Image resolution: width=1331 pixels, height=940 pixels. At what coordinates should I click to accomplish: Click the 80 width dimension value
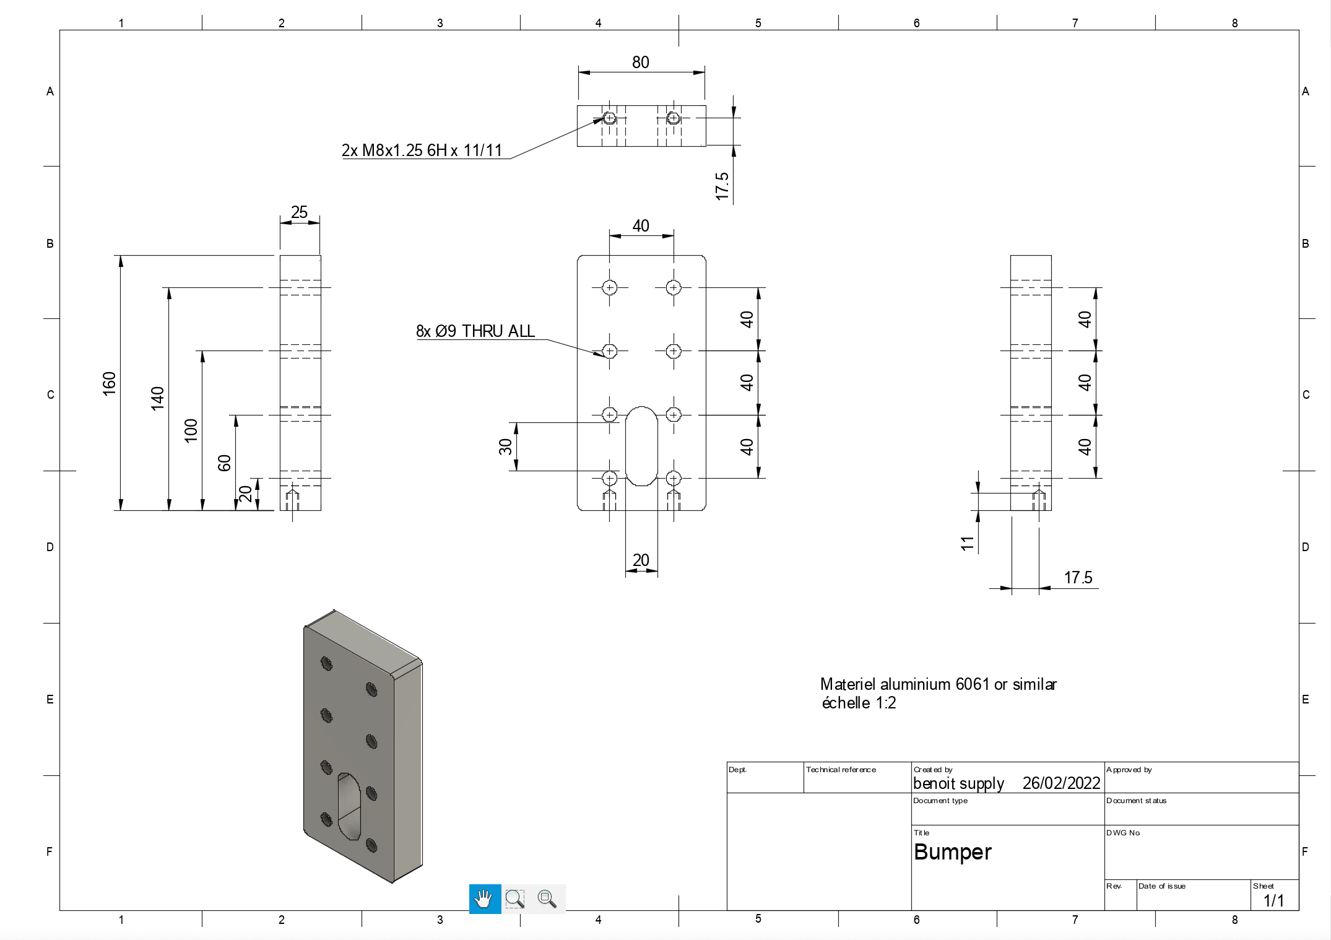(641, 62)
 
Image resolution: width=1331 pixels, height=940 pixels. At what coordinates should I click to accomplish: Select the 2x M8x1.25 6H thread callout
(422, 150)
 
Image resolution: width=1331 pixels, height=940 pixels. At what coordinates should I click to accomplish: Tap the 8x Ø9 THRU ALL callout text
(475, 331)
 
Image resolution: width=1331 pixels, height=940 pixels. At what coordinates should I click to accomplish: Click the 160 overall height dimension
(109, 383)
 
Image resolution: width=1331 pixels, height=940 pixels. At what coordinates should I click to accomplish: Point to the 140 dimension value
(157, 398)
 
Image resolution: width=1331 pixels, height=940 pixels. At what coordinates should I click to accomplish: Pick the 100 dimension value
(191, 430)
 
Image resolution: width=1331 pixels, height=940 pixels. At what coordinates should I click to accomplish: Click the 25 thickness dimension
(300, 212)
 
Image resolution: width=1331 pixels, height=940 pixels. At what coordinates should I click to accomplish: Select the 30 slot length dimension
(505, 446)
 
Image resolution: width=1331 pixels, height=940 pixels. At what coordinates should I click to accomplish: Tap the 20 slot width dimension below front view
(641, 560)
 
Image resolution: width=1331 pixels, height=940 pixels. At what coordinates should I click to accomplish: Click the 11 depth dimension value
(967, 543)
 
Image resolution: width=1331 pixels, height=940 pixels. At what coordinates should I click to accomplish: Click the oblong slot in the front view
(641, 446)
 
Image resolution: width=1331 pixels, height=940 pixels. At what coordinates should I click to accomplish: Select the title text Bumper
(952, 852)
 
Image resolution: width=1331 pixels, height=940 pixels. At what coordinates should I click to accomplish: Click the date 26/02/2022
(1061, 783)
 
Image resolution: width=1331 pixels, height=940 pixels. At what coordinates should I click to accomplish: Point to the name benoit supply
(958, 783)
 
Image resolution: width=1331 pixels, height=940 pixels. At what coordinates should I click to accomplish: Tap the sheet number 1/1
(1273, 900)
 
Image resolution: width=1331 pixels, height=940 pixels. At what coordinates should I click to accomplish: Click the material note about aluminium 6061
(939, 684)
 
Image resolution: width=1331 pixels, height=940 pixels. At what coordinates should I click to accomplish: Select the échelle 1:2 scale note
(859, 703)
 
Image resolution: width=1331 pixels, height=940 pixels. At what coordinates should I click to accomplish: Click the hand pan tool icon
(485, 899)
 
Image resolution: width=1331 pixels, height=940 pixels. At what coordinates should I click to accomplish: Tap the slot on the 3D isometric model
(350, 807)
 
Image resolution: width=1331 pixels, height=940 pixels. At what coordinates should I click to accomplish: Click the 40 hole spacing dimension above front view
(641, 225)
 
